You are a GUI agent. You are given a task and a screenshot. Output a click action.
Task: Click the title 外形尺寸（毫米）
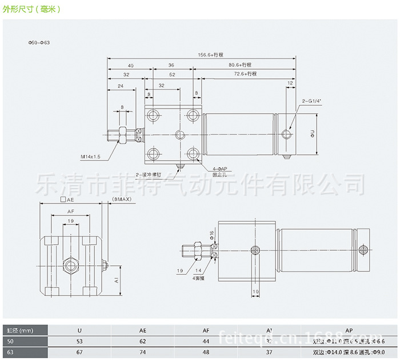click(x=31, y=10)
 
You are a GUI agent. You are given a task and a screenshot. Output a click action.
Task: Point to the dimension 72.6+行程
click(x=245, y=74)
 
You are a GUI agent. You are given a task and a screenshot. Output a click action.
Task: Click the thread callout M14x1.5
click(x=90, y=155)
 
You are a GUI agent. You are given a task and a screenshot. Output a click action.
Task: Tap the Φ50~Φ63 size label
click(x=39, y=43)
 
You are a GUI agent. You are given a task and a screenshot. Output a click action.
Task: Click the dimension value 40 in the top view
click(x=130, y=65)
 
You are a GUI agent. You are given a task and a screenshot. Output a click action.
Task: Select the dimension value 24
click(x=120, y=86)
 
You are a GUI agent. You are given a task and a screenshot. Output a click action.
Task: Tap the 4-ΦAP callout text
click(x=220, y=169)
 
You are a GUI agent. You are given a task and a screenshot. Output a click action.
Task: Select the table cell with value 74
click(x=142, y=352)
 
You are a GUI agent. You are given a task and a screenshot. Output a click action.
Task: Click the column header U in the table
click(x=79, y=330)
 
